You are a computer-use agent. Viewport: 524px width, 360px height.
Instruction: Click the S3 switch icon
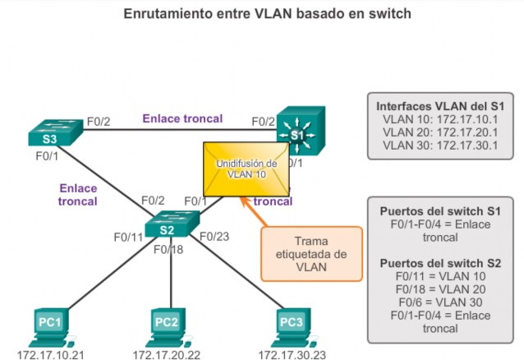54,132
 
